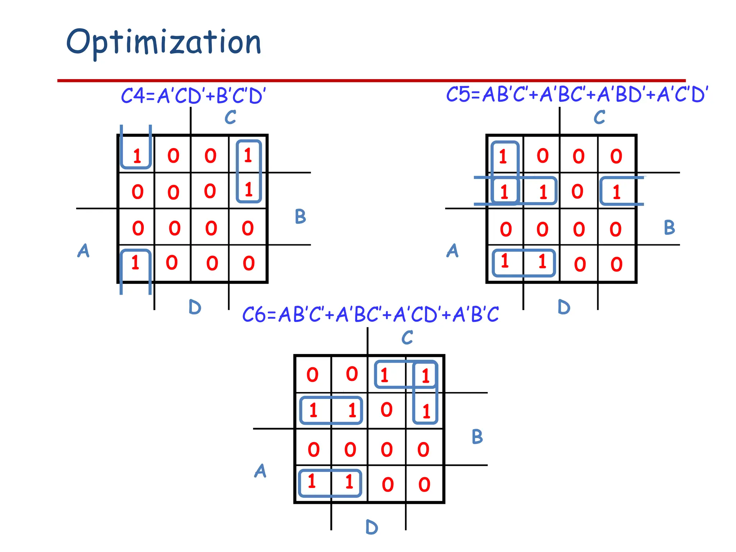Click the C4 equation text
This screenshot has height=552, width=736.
click(193, 96)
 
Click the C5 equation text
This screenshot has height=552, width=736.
click(577, 95)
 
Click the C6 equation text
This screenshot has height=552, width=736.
click(370, 314)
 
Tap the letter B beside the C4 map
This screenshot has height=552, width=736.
click(300, 216)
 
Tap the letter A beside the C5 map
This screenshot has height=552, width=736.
click(452, 250)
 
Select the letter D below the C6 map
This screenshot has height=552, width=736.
click(372, 528)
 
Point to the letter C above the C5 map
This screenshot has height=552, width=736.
click(599, 117)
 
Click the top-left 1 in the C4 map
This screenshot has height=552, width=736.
click(137, 156)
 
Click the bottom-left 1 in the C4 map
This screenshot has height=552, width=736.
click(135, 263)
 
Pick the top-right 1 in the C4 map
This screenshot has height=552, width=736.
click(248, 156)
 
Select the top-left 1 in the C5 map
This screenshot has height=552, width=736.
click(503, 157)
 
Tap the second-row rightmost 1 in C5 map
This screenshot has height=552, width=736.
click(617, 192)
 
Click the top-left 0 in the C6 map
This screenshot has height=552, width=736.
click(312, 375)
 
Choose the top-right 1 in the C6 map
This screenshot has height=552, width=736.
click(425, 376)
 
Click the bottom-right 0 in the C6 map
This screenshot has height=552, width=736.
click(424, 484)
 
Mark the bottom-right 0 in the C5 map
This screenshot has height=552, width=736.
click(616, 264)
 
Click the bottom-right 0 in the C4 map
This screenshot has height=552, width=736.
click(249, 263)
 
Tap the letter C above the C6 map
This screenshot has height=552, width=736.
click(407, 337)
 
